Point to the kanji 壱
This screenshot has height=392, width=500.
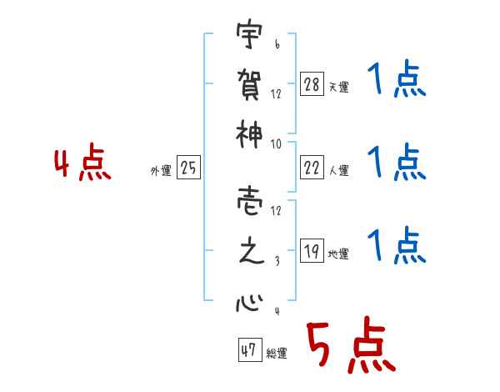[x=247, y=201]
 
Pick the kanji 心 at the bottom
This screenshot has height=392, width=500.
[x=247, y=300]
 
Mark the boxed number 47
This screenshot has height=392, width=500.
[x=248, y=351]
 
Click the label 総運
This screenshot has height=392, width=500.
[x=276, y=354]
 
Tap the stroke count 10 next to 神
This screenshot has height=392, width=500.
[x=274, y=143]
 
